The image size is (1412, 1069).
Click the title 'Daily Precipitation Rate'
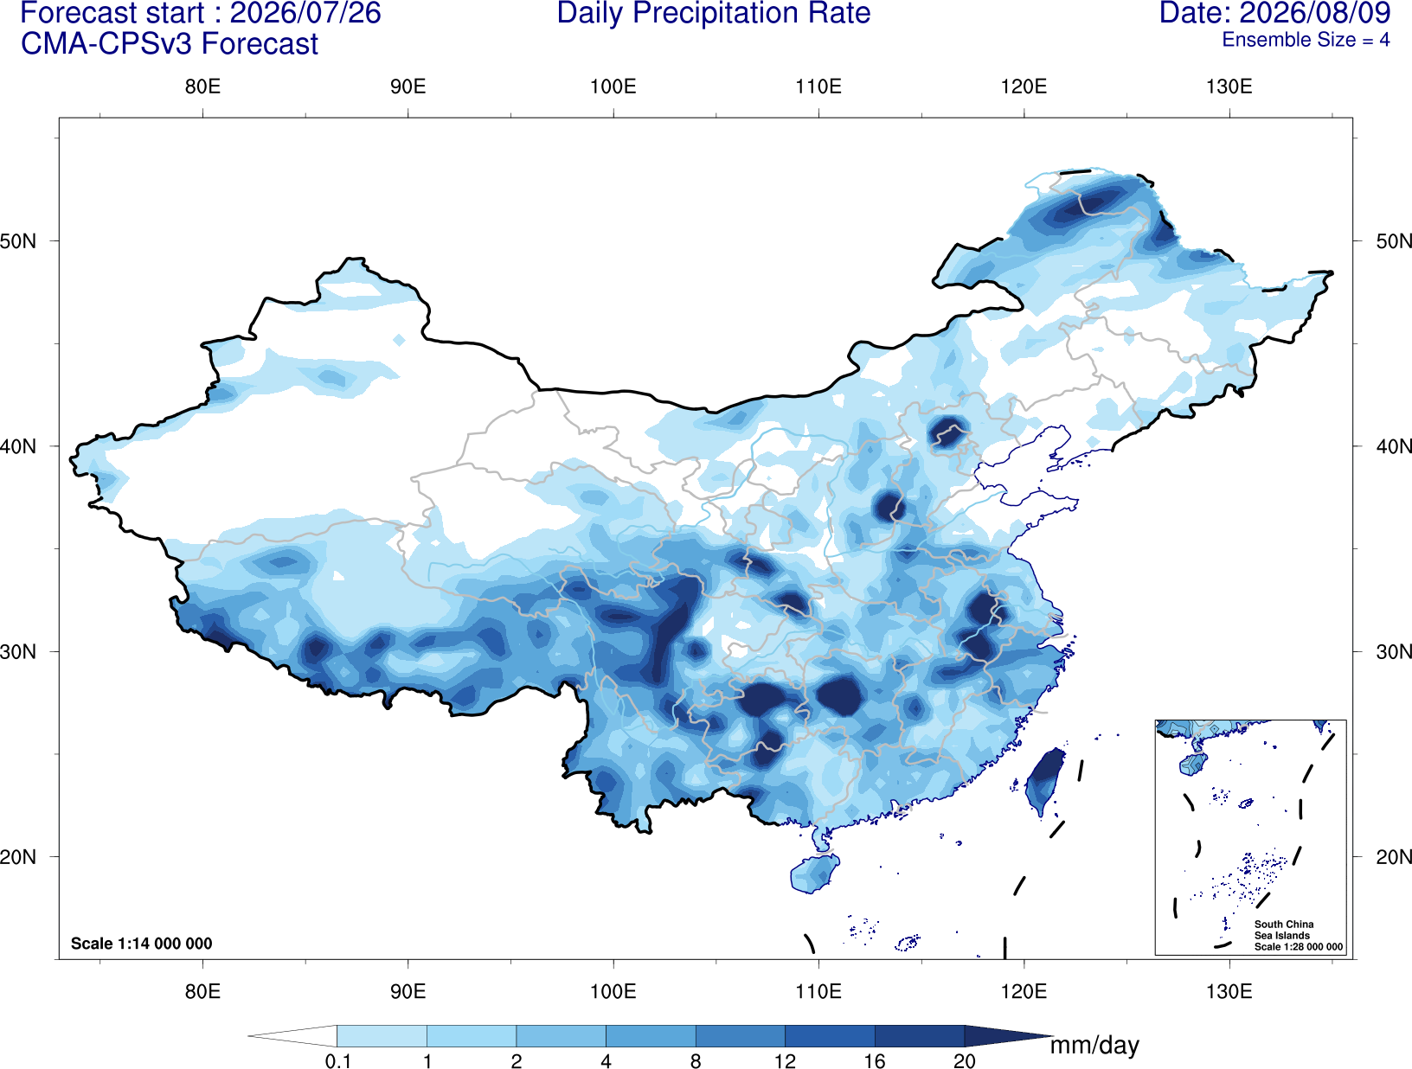click(714, 14)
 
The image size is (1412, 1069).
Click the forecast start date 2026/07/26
click(305, 14)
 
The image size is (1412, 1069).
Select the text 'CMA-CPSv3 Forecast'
click(170, 44)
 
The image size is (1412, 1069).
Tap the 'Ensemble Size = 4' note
click(1306, 40)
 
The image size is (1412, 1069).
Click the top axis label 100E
click(613, 86)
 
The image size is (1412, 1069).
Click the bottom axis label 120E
click(1024, 990)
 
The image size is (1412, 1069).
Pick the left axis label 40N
click(18, 446)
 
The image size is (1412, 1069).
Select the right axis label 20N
click(1393, 857)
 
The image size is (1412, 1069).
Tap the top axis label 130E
click(1229, 86)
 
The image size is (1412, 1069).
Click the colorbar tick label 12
click(785, 1060)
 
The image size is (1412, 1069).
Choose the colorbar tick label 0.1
click(337, 1060)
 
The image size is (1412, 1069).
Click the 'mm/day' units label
click(1094, 1046)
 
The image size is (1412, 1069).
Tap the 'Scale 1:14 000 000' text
click(142, 943)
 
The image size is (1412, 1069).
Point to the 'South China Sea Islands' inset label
click(1284, 930)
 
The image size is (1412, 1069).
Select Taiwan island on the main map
click(1043, 780)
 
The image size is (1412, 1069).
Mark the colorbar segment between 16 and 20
click(919, 1035)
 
